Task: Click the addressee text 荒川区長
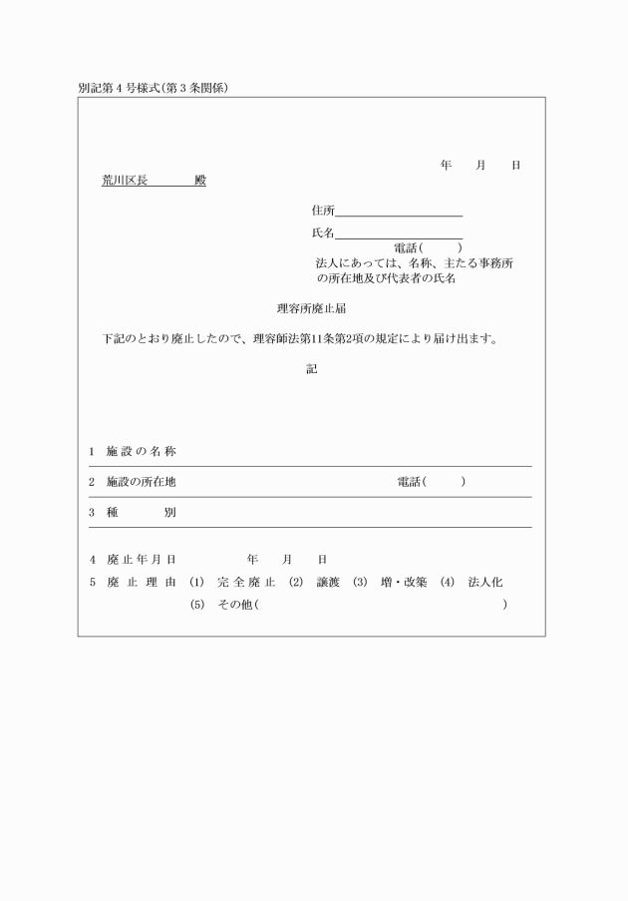point(125,181)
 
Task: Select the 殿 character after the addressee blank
point(200,181)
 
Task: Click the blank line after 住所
point(399,211)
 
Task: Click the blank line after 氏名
point(399,233)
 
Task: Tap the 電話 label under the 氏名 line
point(408,247)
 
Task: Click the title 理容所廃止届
point(311,308)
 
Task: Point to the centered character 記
point(311,369)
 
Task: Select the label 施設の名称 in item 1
point(142,452)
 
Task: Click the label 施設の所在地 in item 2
point(142,482)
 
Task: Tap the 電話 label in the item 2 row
point(409,482)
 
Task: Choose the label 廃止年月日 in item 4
point(142,559)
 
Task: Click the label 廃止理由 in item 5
point(142,582)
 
